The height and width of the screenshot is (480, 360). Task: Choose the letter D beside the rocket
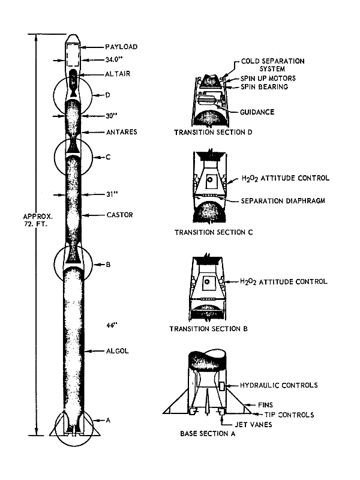[107, 95]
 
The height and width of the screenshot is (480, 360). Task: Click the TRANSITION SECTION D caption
[206, 132]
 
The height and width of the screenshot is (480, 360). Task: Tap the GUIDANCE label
[257, 112]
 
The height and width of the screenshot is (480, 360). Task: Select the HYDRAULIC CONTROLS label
[279, 385]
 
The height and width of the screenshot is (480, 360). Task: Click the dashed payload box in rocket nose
[74, 58]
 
